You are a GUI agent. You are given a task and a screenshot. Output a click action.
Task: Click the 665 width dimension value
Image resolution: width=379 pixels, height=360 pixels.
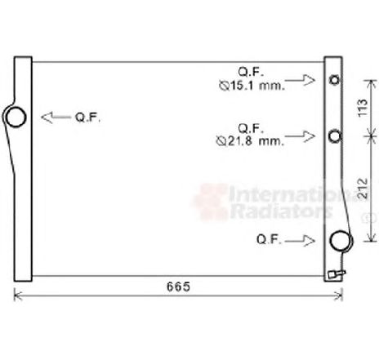pyautogui.click(x=178, y=287)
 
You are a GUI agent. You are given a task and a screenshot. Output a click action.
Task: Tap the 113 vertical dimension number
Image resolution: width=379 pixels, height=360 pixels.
pyautogui.click(x=363, y=108)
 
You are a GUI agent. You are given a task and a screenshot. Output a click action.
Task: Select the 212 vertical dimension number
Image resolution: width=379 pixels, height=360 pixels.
pyautogui.click(x=363, y=189)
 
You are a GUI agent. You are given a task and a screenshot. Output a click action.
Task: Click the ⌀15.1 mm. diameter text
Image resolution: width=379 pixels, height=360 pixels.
pyautogui.click(x=252, y=86)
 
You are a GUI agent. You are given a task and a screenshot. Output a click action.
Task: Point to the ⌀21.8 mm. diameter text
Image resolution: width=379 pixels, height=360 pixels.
pyautogui.click(x=250, y=141)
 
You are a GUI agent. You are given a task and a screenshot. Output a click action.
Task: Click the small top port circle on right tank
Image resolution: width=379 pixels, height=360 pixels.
pyautogui.click(x=334, y=80)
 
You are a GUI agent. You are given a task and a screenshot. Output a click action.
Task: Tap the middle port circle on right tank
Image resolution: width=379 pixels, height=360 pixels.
pyautogui.click(x=335, y=136)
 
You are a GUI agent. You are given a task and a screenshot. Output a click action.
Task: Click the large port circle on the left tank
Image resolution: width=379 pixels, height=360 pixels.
pyautogui.click(x=16, y=117)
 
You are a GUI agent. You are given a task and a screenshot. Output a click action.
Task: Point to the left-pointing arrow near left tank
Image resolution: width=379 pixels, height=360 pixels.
pyautogui.click(x=56, y=118)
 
